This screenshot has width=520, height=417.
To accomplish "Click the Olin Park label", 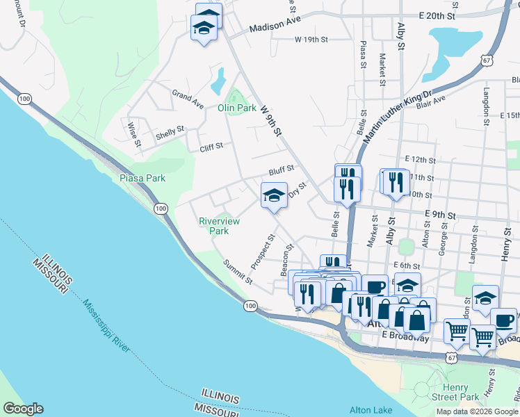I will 237,108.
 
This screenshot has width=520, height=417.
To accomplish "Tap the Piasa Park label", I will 143,178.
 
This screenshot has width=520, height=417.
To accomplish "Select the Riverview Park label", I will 219,226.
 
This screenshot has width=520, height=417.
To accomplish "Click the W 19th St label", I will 311,40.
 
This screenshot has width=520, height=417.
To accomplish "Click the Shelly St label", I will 170,130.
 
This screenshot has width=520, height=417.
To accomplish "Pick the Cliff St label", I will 211,146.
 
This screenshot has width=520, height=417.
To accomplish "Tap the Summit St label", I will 238,271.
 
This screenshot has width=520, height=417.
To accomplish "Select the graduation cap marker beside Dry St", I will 274,195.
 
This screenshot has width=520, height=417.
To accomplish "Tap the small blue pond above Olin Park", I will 218,81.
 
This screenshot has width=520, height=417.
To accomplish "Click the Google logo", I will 23,409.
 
